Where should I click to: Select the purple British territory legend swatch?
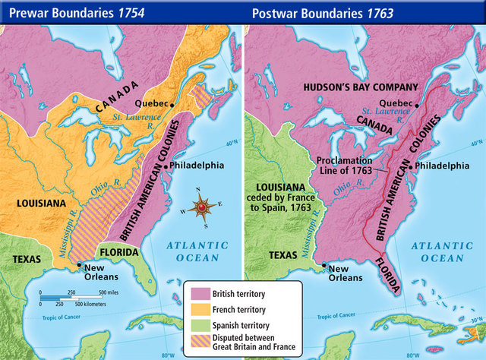click(x=199, y=293)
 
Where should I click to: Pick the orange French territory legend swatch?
click(x=199, y=309)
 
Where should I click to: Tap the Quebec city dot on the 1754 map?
click(x=173, y=103)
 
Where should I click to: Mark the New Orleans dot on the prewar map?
click(x=80, y=265)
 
